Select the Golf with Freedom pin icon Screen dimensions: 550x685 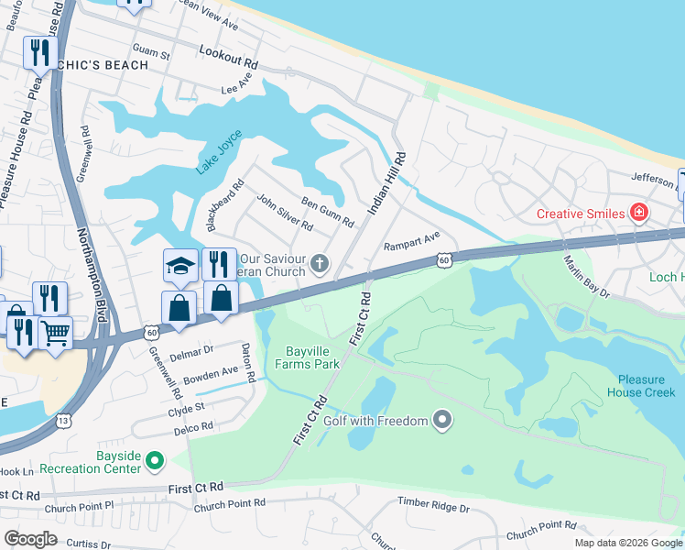click(x=443, y=421)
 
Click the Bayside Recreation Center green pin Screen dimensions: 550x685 click(x=155, y=459)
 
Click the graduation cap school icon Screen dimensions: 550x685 click(x=180, y=266)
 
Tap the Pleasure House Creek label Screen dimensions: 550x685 click(x=646, y=386)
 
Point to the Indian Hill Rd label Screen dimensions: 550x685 click(x=386, y=184)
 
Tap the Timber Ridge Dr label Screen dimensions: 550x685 click(x=433, y=504)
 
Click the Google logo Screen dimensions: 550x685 click(x=30, y=539)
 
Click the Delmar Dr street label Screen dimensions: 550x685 click(x=192, y=349)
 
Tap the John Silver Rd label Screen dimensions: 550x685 click(x=285, y=213)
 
